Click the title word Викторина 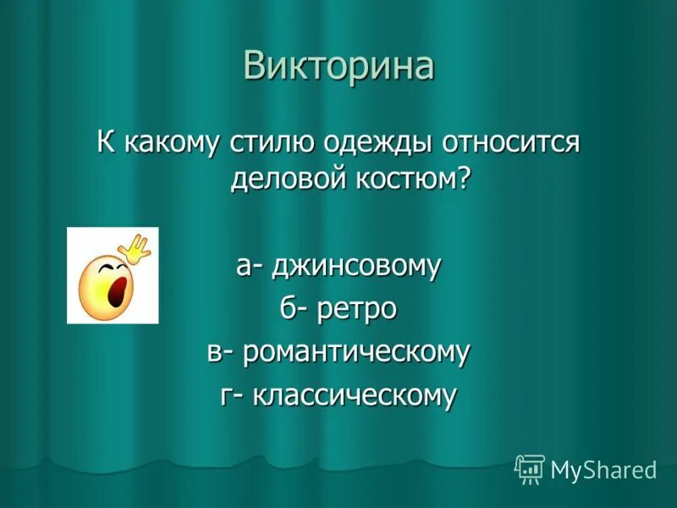coord(338,66)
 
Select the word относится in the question coord(509,141)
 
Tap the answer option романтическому coord(355,352)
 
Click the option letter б coord(289,309)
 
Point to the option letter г coord(227,395)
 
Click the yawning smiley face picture coord(113,275)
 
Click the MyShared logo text coord(603,469)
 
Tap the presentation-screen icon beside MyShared coord(530,468)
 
